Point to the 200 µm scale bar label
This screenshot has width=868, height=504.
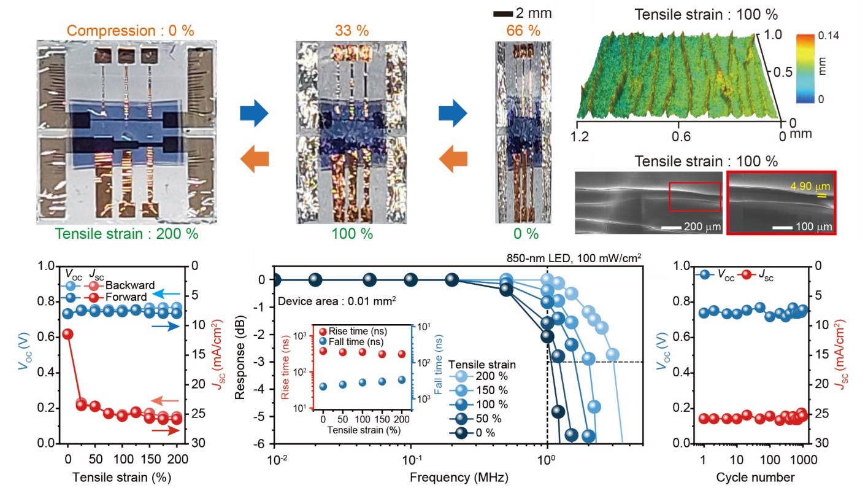pyautogui.click(x=700, y=227)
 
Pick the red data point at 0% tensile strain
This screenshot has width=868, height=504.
pyautogui.click(x=67, y=334)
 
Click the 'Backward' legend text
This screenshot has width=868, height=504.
pyautogui.click(x=125, y=285)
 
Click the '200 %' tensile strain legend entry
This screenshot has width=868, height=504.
pyautogui.click(x=495, y=376)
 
